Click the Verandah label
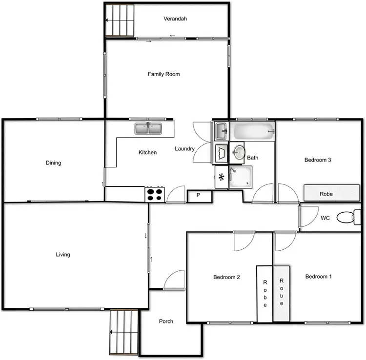pyautogui.click(x=175, y=19)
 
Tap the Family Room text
pyautogui.click(x=164, y=74)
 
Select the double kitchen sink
pyautogui.click(x=148, y=128)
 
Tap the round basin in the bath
pyautogui.click(x=239, y=152)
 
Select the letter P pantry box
pyautogui.click(x=199, y=196)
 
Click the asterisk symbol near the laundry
pyautogui.click(x=221, y=177)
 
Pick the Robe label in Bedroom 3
pyautogui.click(x=326, y=194)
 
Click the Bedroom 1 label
pyautogui.click(x=318, y=277)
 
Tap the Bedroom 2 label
pyautogui.click(x=226, y=278)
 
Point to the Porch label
pyautogui.click(x=166, y=321)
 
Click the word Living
pyautogui.click(x=63, y=255)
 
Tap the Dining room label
pyautogui.click(x=53, y=163)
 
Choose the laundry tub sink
pyautogui.click(x=221, y=130)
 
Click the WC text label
pyautogui.click(x=325, y=218)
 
